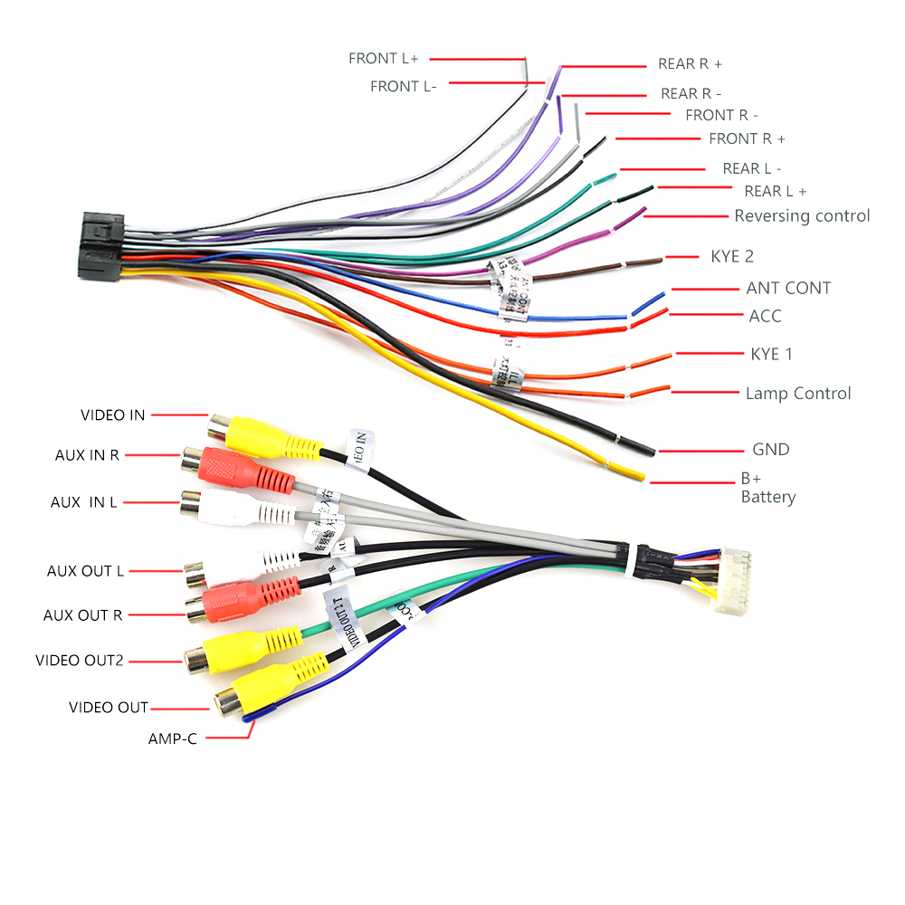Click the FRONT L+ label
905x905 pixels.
click(x=384, y=59)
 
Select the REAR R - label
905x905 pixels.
click(x=691, y=93)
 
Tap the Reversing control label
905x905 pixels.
click(x=802, y=216)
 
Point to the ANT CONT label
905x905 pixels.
click(x=788, y=289)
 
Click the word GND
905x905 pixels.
click(x=771, y=450)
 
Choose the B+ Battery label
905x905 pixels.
click(x=767, y=489)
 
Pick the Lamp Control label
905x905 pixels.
click(x=798, y=394)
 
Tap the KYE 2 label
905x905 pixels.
click(x=732, y=257)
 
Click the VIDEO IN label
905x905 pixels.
click(x=112, y=415)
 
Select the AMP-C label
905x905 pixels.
click(x=172, y=738)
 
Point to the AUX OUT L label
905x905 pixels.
click(x=85, y=571)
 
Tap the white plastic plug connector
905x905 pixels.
click(x=732, y=580)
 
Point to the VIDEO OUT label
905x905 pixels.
click(x=108, y=708)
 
